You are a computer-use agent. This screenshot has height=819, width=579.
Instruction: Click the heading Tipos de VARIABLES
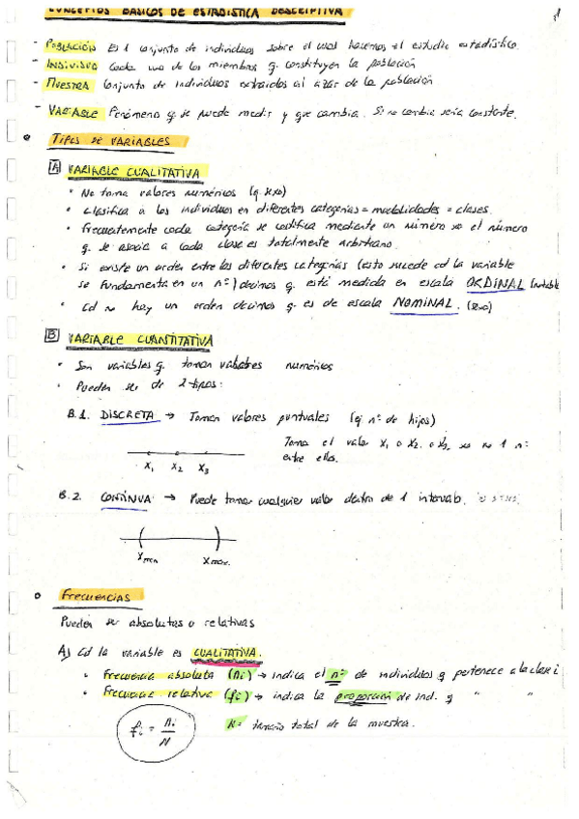coord(109,141)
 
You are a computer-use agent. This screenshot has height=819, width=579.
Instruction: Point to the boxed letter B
coord(52,337)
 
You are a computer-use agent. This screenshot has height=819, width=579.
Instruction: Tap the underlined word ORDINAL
coord(494,284)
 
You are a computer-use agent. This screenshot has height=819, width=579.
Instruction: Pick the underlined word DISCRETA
coord(126,413)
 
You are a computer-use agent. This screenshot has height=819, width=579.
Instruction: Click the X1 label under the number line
coord(150,468)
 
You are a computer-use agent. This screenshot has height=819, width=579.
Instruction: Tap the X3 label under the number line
coord(204,469)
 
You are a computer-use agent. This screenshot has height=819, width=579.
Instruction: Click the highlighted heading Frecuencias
coord(95,597)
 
